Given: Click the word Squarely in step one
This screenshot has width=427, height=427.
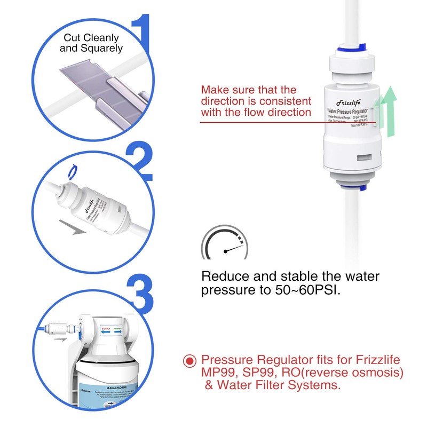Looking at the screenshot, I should coord(102,48).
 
